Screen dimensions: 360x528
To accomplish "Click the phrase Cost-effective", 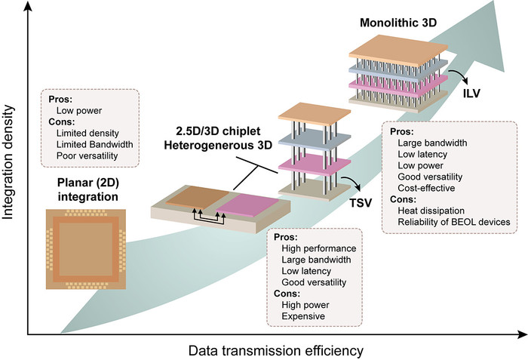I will tap(428, 183).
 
